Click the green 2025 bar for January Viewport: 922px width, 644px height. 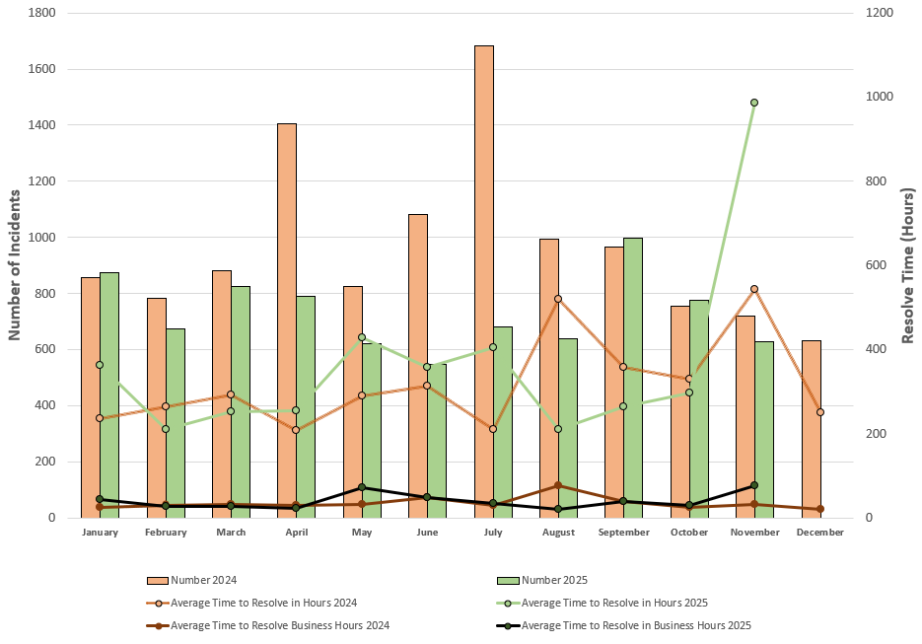pyautogui.click(x=109, y=394)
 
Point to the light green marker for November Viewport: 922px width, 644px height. pyautogui.click(x=754, y=103)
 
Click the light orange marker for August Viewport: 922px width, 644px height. pyautogui.click(x=558, y=299)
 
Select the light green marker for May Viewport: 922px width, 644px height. pyautogui.click(x=362, y=337)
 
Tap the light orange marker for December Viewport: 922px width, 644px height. pyautogui.click(x=820, y=412)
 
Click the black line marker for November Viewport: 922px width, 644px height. pyautogui.click(x=754, y=485)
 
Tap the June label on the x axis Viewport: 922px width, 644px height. pyautogui.click(x=427, y=533)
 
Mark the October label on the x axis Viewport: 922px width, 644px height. pyautogui.click(x=689, y=533)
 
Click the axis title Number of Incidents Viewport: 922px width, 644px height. pyautogui.click(x=15, y=266)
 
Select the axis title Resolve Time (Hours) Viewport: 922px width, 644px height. pyautogui.click(x=908, y=266)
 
